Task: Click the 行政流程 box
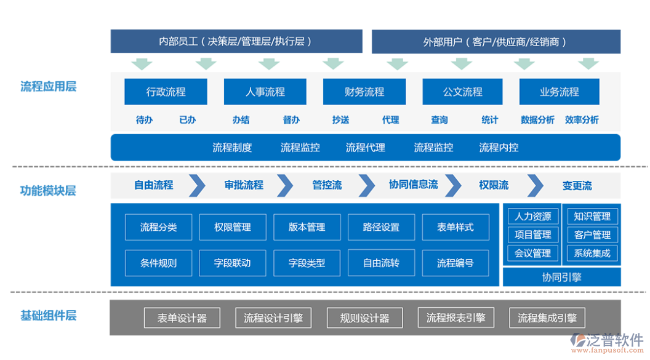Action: (166, 92)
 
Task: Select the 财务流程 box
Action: (364, 92)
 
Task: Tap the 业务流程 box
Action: (560, 92)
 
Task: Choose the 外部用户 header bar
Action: (496, 42)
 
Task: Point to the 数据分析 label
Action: (537, 120)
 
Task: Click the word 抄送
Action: (340, 120)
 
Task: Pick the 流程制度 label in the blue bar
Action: (232, 148)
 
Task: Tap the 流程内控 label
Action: (499, 148)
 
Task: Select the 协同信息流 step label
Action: (413, 185)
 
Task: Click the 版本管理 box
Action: (307, 227)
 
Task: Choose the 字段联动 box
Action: (232, 263)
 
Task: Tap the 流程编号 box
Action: (455, 263)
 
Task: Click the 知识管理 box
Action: (592, 217)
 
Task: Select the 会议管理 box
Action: (533, 253)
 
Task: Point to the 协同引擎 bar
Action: (561, 277)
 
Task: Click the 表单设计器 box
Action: (182, 318)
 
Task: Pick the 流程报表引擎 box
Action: (456, 318)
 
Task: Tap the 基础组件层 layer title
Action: (48, 316)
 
